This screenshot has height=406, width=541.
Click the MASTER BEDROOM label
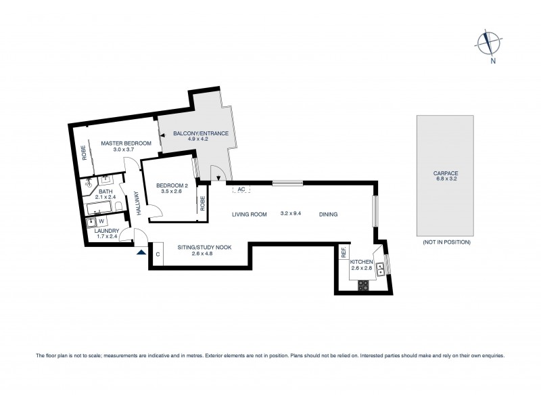(126, 143)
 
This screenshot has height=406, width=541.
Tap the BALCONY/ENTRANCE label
(196, 134)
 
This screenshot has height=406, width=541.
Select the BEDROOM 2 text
(172, 186)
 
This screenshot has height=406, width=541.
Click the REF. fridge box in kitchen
(344, 254)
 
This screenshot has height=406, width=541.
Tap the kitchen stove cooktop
(364, 285)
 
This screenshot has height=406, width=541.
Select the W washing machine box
(101, 221)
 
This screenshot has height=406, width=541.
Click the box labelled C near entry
(157, 254)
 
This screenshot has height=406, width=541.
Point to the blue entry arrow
(141, 253)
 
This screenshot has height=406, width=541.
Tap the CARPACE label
(446, 173)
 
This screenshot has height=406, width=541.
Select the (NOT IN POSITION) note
(446, 242)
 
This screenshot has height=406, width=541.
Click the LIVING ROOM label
(250, 215)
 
